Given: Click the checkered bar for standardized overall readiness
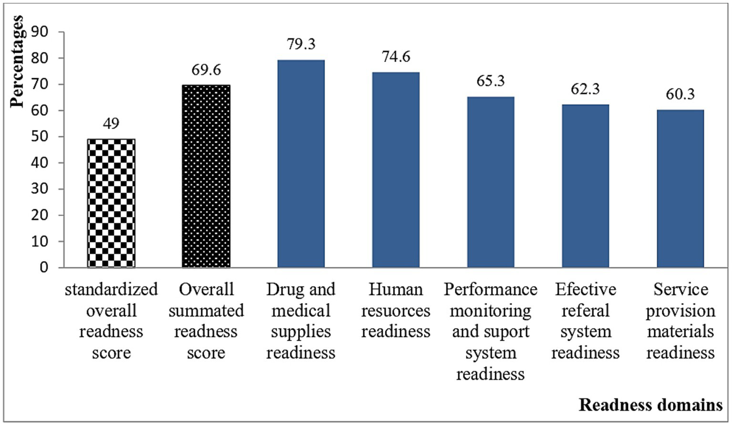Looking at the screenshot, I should (x=111, y=203).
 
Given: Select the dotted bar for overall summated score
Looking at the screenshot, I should (x=206, y=176).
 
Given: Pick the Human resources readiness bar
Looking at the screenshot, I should (x=396, y=170).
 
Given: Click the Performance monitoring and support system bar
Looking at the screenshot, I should (x=491, y=182).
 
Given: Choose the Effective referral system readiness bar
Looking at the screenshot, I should (x=585, y=186).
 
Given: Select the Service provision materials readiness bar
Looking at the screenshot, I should (x=680, y=189).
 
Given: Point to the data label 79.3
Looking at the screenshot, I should (x=301, y=44).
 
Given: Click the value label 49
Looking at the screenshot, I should (x=111, y=123).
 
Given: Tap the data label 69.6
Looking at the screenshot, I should (x=206, y=70).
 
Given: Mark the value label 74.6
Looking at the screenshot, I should (x=396, y=57).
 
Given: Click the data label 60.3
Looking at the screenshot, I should (x=680, y=94).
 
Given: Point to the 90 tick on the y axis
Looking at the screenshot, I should (x=40, y=32).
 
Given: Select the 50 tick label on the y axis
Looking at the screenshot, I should (x=40, y=137).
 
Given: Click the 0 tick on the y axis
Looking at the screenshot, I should (x=44, y=267).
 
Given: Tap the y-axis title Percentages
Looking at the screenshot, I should (x=17, y=62).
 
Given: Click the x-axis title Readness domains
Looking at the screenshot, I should (x=650, y=405).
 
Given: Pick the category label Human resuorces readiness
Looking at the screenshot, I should (x=396, y=310).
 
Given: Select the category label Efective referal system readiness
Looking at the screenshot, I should (x=585, y=321).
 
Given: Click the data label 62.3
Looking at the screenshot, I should (x=585, y=89).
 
